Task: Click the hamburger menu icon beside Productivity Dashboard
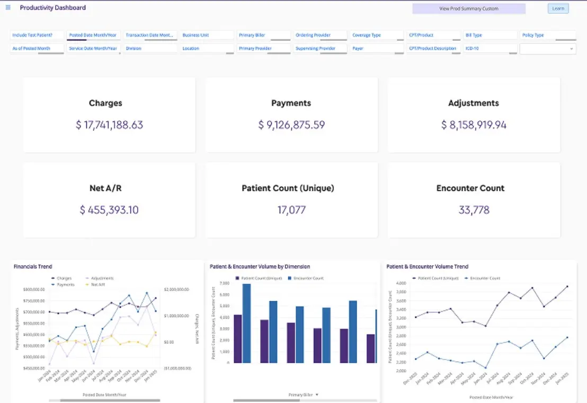[8, 7]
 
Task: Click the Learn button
[558, 8]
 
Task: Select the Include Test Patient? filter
[37, 35]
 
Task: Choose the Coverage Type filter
[377, 35]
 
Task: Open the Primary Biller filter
[264, 35]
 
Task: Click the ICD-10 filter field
[490, 48]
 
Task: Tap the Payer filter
[377, 48]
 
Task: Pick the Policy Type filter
[548, 35]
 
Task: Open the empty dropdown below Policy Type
[548, 49]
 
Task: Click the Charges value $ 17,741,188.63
[109, 125]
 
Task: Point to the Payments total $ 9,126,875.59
[291, 125]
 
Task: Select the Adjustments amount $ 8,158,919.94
[474, 125]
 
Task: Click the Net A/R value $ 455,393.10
[109, 210]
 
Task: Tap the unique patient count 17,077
[291, 210]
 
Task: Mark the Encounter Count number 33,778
[474, 210]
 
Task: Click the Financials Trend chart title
[33, 266]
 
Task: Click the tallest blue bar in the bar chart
[246, 323]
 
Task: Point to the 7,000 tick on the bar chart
[224, 284]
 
